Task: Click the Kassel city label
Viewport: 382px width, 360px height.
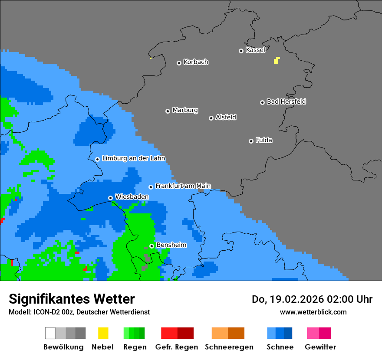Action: (255, 50)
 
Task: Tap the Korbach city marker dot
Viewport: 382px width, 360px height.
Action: (179, 63)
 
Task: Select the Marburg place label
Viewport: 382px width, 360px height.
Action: (185, 110)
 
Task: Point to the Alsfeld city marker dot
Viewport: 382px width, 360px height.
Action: (211, 118)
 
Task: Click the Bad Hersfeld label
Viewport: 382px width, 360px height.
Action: (286, 101)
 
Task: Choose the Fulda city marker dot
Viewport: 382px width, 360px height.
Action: (251, 141)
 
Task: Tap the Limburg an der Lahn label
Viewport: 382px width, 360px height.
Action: (133, 158)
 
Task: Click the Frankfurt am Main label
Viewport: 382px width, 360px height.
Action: (183, 186)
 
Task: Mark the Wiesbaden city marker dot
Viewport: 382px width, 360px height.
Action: (110, 198)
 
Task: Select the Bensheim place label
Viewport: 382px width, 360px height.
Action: (171, 245)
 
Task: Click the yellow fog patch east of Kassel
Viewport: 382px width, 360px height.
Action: (277, 60)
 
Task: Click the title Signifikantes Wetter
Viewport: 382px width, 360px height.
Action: (72, 299)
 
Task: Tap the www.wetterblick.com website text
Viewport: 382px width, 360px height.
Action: (313, 312)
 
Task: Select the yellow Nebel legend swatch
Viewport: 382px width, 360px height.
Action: (103, 333)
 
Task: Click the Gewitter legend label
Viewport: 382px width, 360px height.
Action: (320, 347)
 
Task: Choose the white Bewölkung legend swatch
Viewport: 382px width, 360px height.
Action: (50, 333)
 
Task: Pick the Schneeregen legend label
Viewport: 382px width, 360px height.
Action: (229, 347)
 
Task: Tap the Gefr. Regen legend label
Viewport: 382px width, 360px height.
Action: (176, 347)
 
